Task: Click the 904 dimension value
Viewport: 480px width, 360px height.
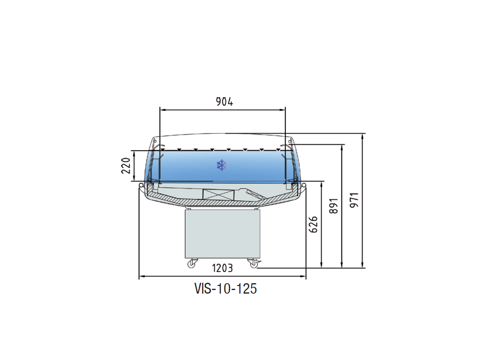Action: [x=224, y=102]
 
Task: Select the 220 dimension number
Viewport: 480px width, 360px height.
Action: [x=126, y=166]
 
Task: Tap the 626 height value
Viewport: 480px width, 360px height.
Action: [x=313, y=224]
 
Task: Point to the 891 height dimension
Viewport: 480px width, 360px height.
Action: [x=334, y=206]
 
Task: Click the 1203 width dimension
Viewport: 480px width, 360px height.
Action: [x=222, y=268]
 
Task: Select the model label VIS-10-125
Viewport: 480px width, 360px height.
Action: [x=226, y=289]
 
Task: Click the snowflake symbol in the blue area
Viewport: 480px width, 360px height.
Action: [x=222, y=165]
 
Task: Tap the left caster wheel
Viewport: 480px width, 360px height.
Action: [x=191, y=264]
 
